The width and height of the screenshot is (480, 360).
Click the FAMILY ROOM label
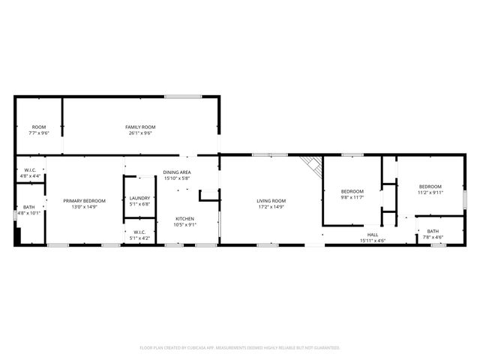coord(139,127)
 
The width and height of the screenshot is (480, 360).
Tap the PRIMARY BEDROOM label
coord(84,200)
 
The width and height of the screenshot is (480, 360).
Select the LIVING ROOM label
coord(271,200)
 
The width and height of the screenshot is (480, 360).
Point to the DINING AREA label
coord(178,172)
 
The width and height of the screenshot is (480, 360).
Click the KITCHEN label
coord(184,218)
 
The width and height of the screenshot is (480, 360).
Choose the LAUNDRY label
coord(140,198)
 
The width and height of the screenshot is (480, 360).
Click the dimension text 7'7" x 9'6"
coord(38,133)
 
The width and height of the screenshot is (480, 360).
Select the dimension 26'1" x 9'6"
coord(139,133)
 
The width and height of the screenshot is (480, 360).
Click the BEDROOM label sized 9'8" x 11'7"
coord(352,192)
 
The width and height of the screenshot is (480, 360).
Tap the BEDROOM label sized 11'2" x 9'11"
coord(430,186)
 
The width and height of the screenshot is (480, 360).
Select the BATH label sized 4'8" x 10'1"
coord(28,207)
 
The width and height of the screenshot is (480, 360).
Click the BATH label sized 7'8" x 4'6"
coord(433,231)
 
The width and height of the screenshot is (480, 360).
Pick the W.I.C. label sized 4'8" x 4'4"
coord(30,170)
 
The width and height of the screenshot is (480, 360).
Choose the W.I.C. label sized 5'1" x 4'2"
coord(139,232)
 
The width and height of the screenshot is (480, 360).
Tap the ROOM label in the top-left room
coord(38,127)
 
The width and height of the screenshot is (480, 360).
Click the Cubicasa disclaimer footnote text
coord(240,348)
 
